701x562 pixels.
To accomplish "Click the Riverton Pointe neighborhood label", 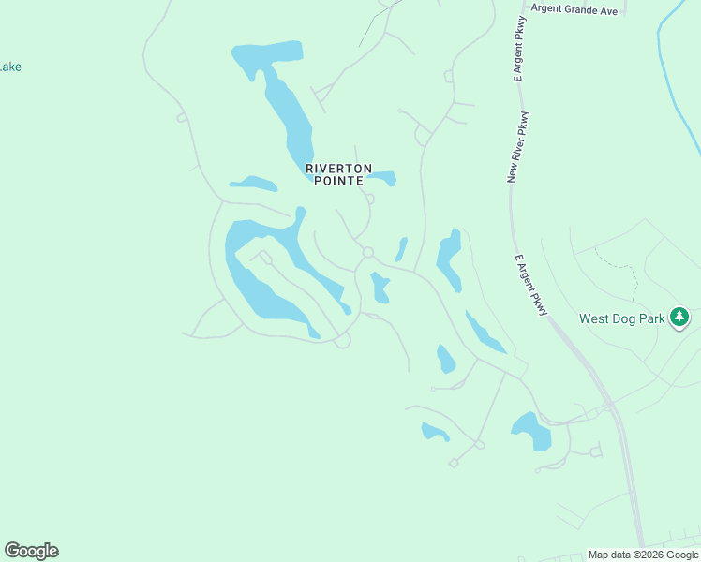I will pos(334,174).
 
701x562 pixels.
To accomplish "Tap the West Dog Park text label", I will pos(621,318).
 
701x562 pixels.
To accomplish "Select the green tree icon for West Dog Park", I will pos(680,318).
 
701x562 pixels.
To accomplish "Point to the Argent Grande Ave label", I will pos(574,8).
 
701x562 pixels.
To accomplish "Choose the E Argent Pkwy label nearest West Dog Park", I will pos(531,285).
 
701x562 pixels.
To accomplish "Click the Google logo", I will pos(31,551).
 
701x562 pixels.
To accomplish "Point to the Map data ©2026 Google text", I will pos(644,555).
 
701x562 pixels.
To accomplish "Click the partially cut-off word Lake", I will pos(10,67).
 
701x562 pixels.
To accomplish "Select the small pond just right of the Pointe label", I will pos(383,176).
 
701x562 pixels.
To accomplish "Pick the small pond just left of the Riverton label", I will pos(253,184).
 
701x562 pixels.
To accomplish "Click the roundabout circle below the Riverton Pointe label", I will pos(368,252).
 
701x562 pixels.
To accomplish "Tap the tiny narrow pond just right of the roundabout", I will pos(401,249).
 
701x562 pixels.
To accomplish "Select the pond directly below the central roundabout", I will pos(380,288).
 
